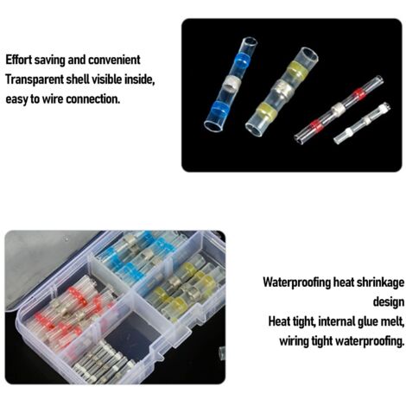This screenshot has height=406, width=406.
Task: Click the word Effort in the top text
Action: coord(18,60)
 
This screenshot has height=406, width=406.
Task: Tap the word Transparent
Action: coord(35,79)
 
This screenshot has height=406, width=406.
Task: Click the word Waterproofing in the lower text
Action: coord(296,282)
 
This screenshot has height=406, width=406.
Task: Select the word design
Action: coord(389,302)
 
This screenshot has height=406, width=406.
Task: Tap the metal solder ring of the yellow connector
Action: coord(280,89)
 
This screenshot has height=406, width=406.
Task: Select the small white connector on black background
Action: coord(362,124)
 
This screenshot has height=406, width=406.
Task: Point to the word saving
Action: coord(49,60)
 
